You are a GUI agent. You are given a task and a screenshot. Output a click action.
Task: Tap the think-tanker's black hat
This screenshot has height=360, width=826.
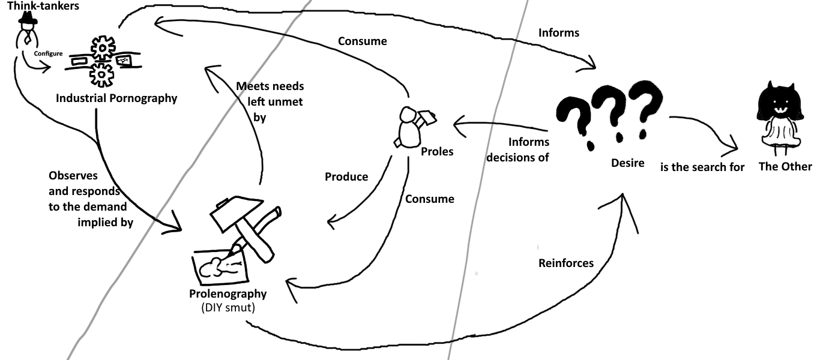pos(27,20)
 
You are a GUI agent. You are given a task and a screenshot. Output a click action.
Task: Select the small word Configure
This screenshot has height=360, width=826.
pos(49,53)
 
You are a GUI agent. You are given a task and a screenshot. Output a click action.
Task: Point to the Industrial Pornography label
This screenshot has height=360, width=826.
pos(116,98)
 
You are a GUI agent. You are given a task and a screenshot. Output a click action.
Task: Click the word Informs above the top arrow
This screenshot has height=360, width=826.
pos(559,32)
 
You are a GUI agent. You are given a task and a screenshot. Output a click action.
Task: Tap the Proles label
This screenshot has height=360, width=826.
pos(437,151)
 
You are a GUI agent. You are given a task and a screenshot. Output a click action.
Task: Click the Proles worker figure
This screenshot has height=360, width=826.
pos(410,127)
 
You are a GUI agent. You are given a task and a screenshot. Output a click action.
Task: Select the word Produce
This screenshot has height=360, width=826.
pos(346,177)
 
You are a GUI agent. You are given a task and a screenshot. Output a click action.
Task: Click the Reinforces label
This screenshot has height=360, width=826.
pos(565,263)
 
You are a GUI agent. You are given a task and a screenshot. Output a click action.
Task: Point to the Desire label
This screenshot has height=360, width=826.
pos(627,163)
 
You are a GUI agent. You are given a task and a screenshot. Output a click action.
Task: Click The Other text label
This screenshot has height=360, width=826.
pos(785,167)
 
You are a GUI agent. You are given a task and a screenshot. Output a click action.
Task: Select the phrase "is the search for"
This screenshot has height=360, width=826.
pos(702,167)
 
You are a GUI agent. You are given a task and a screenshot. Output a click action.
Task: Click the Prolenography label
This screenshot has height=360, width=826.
pos(228,294)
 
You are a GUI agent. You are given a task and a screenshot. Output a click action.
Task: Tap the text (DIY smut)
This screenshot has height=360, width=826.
pos(228,307)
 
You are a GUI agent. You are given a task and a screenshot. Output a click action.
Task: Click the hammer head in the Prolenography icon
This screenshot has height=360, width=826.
pos(233,213)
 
